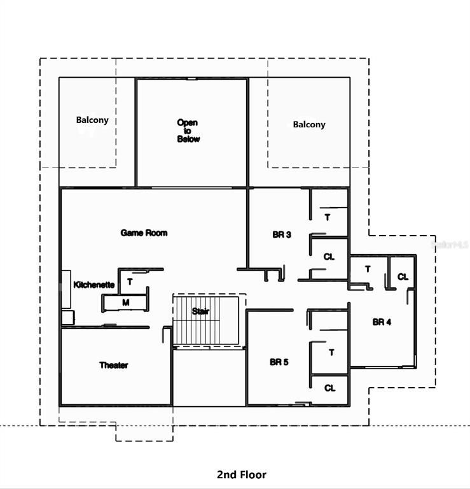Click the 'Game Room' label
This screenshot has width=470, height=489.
(144, 233)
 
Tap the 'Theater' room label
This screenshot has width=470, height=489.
(114, 365)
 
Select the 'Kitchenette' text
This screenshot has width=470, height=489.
(94, 285)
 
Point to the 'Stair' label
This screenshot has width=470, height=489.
(200, 311)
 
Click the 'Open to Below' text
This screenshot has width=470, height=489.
(188, 131)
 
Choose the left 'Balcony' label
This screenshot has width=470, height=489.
(93, 120)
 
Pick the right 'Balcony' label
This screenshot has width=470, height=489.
(309, 125)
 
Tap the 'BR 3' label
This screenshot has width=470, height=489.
(282, 235)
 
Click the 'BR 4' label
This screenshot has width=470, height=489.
(382, 322)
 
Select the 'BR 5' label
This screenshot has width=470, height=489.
(279, 362)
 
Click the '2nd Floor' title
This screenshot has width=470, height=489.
(242, 474)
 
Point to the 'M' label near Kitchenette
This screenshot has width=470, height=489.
(126, 302)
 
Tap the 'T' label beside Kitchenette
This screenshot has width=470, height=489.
(130, 281)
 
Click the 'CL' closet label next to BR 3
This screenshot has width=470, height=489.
(329, 257)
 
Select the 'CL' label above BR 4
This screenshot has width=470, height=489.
(403, 277)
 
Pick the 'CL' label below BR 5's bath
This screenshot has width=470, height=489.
(330, 388)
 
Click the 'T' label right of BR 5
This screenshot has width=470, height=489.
(331, 352)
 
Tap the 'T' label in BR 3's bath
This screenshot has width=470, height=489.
(328, 217)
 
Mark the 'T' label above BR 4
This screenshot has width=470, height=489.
(368, 269)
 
